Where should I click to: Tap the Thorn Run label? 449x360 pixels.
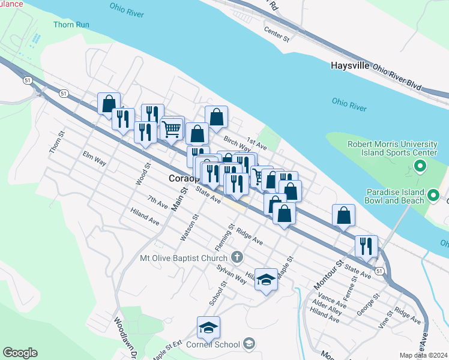coord(71,25)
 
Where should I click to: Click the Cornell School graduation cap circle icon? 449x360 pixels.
coord(249,344)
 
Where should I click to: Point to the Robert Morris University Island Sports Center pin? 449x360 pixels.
coord(420,166)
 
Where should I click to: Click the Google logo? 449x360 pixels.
coord(20,353)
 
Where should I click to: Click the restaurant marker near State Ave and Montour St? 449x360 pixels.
coord(366,246)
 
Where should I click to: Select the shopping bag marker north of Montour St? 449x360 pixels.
coord(343,215)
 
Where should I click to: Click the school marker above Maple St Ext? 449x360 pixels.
coord(208,328)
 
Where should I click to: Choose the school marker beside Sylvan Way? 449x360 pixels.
coord(266,280)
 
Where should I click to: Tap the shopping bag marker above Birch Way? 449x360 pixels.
coord(216,117)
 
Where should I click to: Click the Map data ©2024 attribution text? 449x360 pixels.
coord(423,355)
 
